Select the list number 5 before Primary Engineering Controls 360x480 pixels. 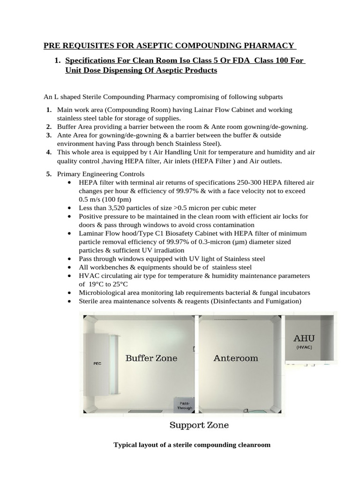tap(49, 174)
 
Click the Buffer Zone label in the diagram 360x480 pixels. tap(151, 358)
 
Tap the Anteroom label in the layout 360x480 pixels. tap(236, 358)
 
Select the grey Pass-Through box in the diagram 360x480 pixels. tap(184, 405)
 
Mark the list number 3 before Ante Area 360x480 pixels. tap(49, 135)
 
